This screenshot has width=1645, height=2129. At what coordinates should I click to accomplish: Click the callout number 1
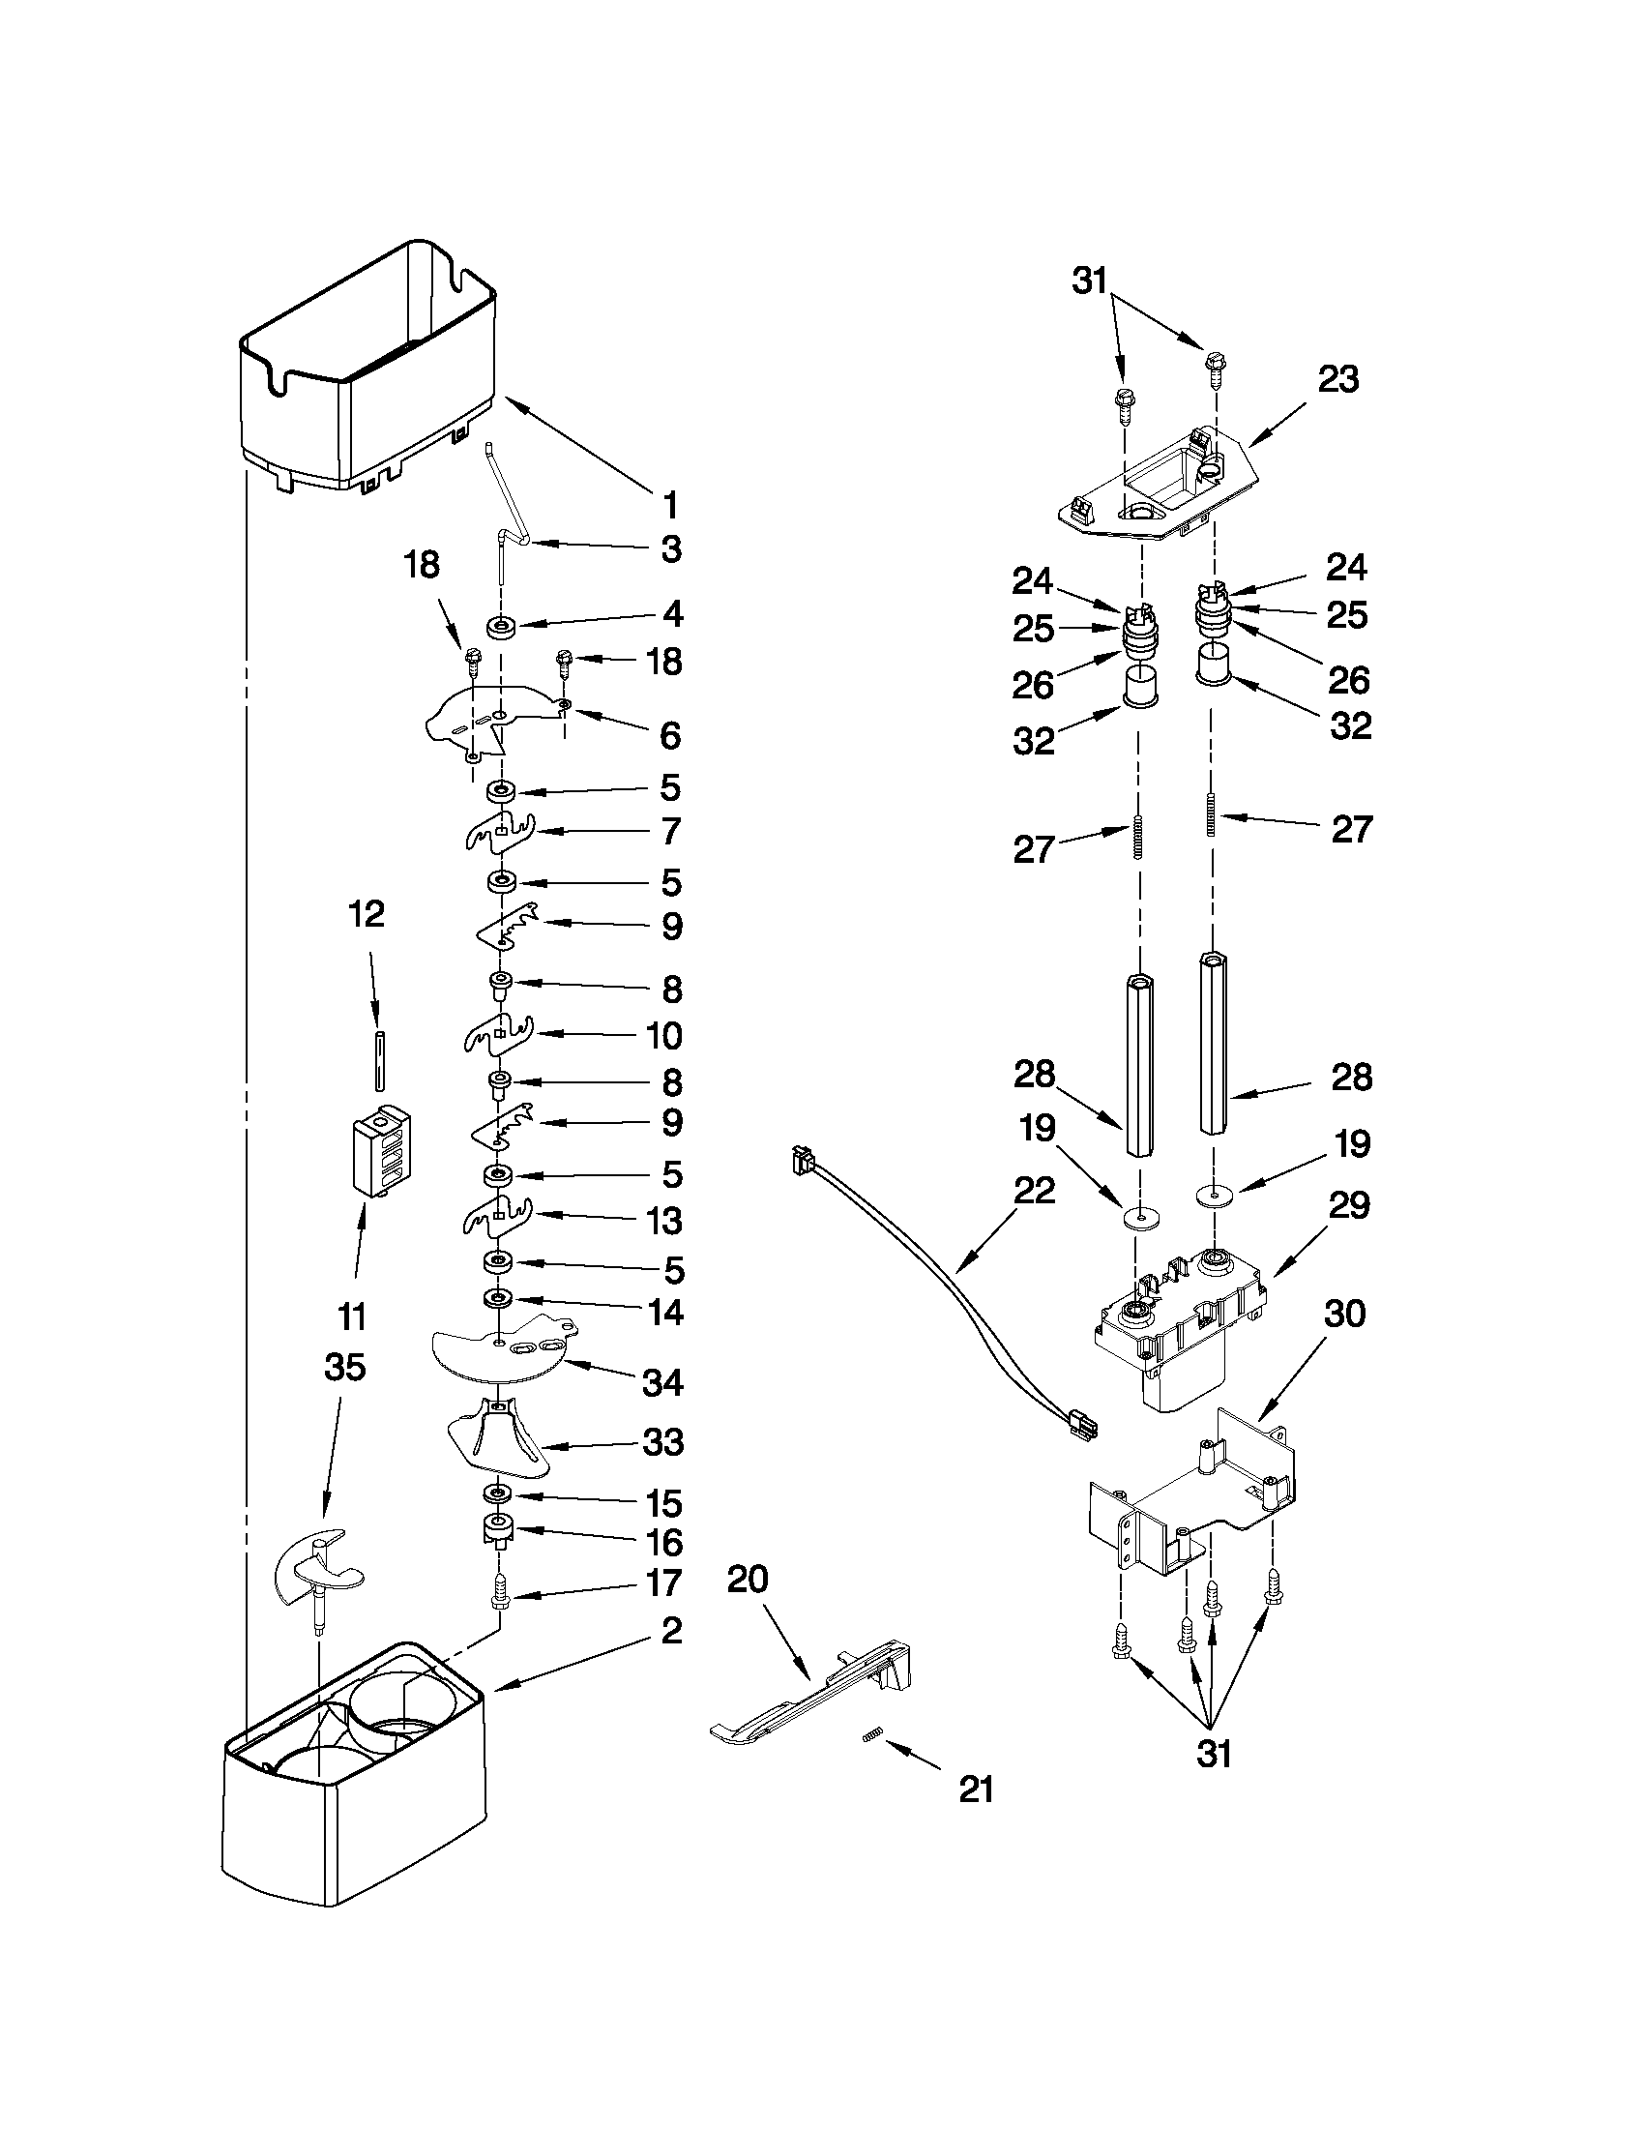668,505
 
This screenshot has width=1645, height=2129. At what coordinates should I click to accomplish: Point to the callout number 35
344,1367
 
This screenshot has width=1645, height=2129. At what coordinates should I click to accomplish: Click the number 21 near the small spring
976,1789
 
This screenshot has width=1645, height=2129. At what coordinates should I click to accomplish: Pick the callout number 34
662,1381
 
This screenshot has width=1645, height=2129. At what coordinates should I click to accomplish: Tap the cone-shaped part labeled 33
498,1443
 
